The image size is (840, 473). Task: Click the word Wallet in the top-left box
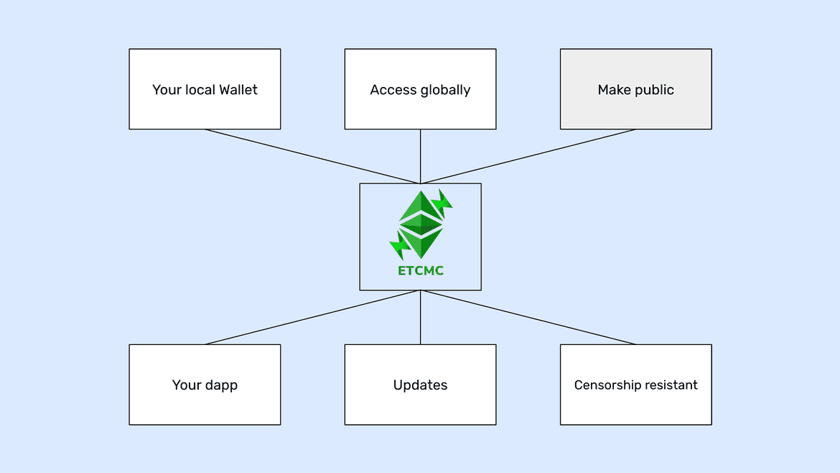[x=238, y=90]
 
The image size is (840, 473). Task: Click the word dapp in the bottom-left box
[x=221, y=385]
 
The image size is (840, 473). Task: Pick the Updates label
[x=420, y=385]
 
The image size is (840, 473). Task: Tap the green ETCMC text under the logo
[x=420, y=271]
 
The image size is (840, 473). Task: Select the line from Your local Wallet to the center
[x=312, y=156]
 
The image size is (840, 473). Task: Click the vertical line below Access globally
[x=420, y=156]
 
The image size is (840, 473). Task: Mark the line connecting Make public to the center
[x=528, y=156]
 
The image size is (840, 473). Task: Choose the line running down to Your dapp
[x=312, y=317]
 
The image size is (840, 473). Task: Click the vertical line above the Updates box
[x=420, y=317]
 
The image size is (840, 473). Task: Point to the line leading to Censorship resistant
[x=528, y=317]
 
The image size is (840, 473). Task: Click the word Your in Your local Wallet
[x=165, y=90]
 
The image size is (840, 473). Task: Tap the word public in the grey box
[x=655, y=90]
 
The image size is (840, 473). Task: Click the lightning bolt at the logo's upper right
[x=444, y=203]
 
